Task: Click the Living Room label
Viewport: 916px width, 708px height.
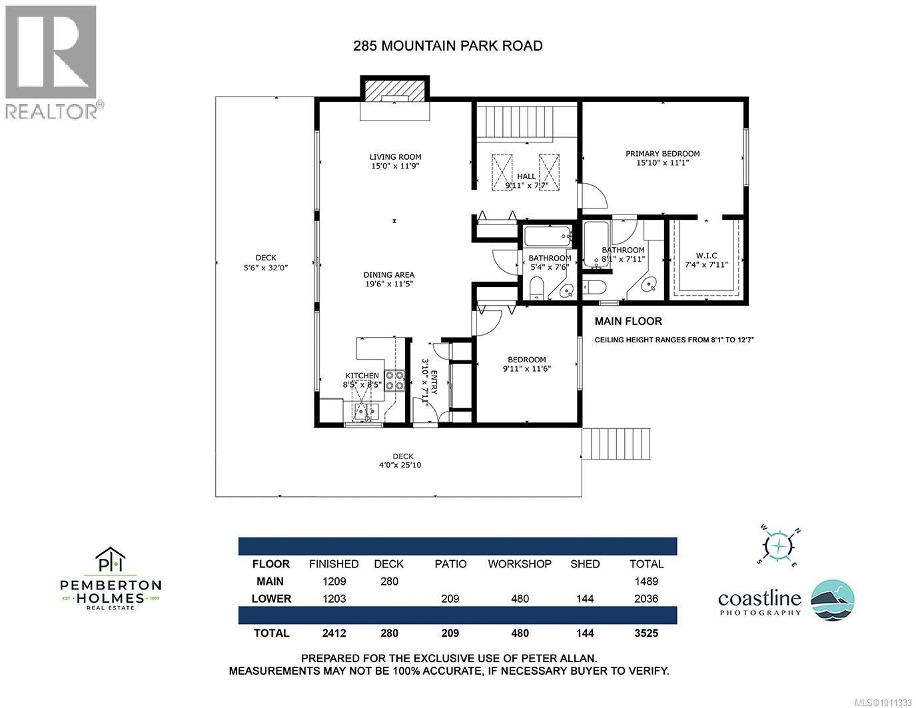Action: point(395,157)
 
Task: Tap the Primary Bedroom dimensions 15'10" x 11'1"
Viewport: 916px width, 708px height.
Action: point(662,163)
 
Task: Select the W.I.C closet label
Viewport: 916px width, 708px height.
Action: point(706,255)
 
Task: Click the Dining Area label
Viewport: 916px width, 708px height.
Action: point(388,275)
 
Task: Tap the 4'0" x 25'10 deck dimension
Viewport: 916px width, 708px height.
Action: point(400,465)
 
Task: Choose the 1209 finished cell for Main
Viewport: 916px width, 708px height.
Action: point(334,581)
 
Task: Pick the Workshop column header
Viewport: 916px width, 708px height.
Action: point(520,564)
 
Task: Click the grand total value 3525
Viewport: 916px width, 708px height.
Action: point(646,633)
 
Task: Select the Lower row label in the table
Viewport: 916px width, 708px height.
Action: point(271,598)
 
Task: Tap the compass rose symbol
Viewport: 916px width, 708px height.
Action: point(779,545)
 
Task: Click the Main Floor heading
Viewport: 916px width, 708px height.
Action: point(628,321)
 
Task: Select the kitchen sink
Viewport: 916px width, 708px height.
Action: point(366,410)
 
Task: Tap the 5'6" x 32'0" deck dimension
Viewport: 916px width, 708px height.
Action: point(266,268)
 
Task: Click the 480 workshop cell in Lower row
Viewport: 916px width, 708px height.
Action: point(520,598)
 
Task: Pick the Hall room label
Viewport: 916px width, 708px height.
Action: point(526,176)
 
